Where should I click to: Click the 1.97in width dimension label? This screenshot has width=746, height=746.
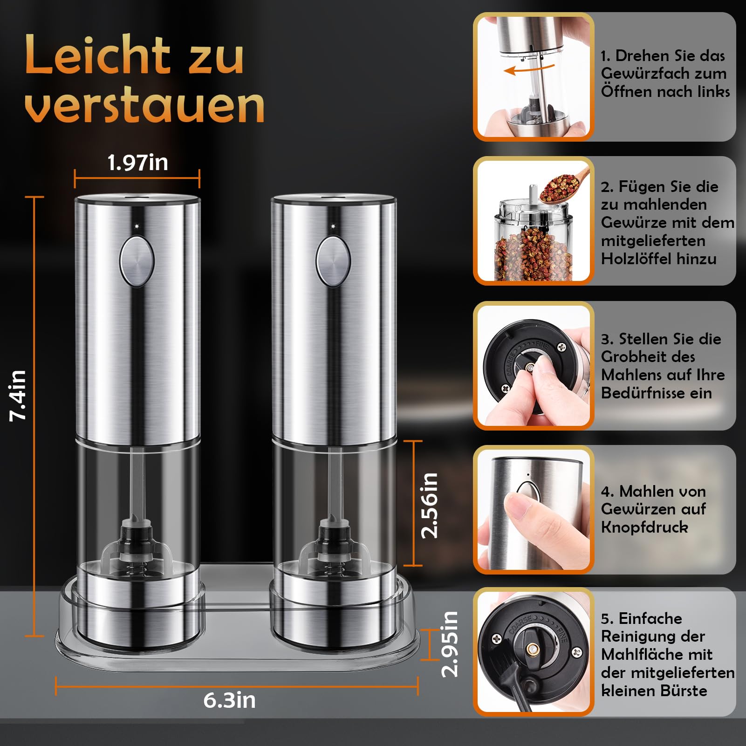pos(137,163)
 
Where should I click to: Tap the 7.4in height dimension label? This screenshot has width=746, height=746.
pos(18,396)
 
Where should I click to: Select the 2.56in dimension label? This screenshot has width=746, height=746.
pos(429,505)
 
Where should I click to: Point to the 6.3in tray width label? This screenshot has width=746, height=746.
pos(229,700)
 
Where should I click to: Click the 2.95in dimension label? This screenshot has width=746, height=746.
pos(450,644)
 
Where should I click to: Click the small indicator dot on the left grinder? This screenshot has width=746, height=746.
pos(137,226)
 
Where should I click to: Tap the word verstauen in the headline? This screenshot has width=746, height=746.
pos(144,106)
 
